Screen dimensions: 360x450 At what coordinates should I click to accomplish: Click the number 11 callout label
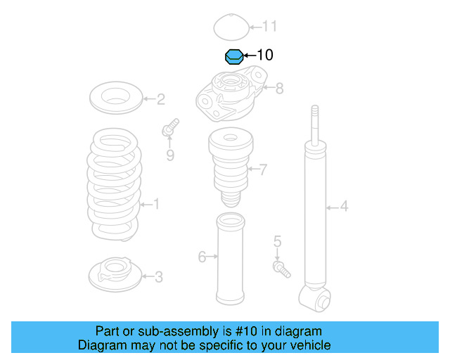point(270,27)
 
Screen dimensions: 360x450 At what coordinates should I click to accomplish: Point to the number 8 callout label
point(279,89)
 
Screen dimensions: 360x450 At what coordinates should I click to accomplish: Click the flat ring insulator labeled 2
point(117,98)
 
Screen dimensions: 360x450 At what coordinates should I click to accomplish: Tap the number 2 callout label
point(161,99)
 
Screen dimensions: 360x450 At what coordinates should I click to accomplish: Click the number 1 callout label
point(156,205)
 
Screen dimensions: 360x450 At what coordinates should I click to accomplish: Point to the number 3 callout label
point(159,277)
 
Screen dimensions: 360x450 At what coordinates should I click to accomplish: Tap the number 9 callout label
point(170,155)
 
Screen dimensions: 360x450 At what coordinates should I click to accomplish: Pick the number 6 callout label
point(202,257)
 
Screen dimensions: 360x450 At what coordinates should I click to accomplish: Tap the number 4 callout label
point(344,207)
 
